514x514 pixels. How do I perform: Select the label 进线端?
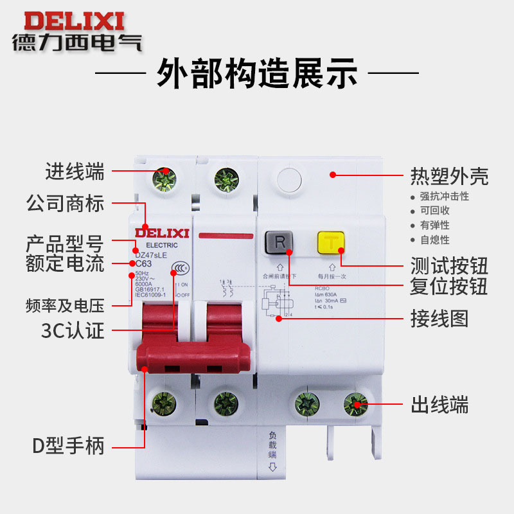pos(75,172)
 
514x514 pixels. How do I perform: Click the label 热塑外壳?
pos(450,175)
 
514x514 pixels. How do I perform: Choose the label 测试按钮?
pos(450,265)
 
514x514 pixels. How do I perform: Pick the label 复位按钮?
pos(450,285)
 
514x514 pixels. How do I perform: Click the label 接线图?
pos(440,318)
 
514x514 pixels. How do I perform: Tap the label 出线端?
pos(440,405)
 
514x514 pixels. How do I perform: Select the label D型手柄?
pos(68,445)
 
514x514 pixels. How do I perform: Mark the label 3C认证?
pos(73,332)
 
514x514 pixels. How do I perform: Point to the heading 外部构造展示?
pos(257,74)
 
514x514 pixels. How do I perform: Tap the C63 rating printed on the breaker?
pos(143,263)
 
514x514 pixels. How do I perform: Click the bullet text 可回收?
pos(435,211)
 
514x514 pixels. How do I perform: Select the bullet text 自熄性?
pos(435,240)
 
